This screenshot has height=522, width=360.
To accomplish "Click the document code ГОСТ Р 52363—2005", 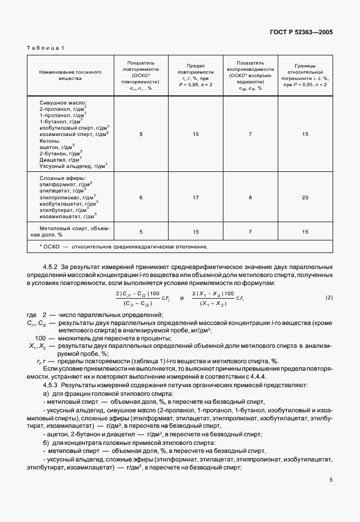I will point(301,32).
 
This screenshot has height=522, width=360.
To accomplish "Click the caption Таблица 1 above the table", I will point(46,49).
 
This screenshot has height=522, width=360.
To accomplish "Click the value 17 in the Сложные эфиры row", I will point(195,198).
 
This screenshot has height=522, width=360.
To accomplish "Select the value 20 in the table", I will point(305,198).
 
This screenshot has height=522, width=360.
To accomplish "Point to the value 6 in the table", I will point(141,198).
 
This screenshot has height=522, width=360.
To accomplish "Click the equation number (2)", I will point(329,298).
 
